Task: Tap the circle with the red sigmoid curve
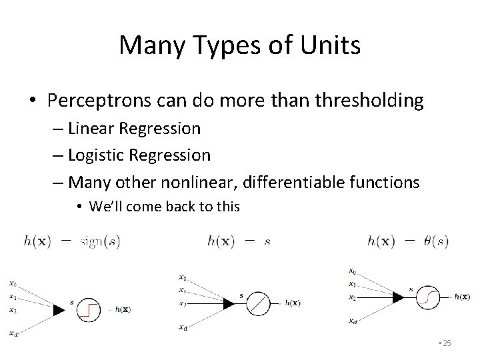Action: [426, 297]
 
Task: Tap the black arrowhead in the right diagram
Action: [398, 296]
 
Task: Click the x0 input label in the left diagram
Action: [12, 280]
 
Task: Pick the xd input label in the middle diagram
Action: [183, 327]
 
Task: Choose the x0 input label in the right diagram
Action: [352, 271]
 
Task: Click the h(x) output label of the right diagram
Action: [460, 297]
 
